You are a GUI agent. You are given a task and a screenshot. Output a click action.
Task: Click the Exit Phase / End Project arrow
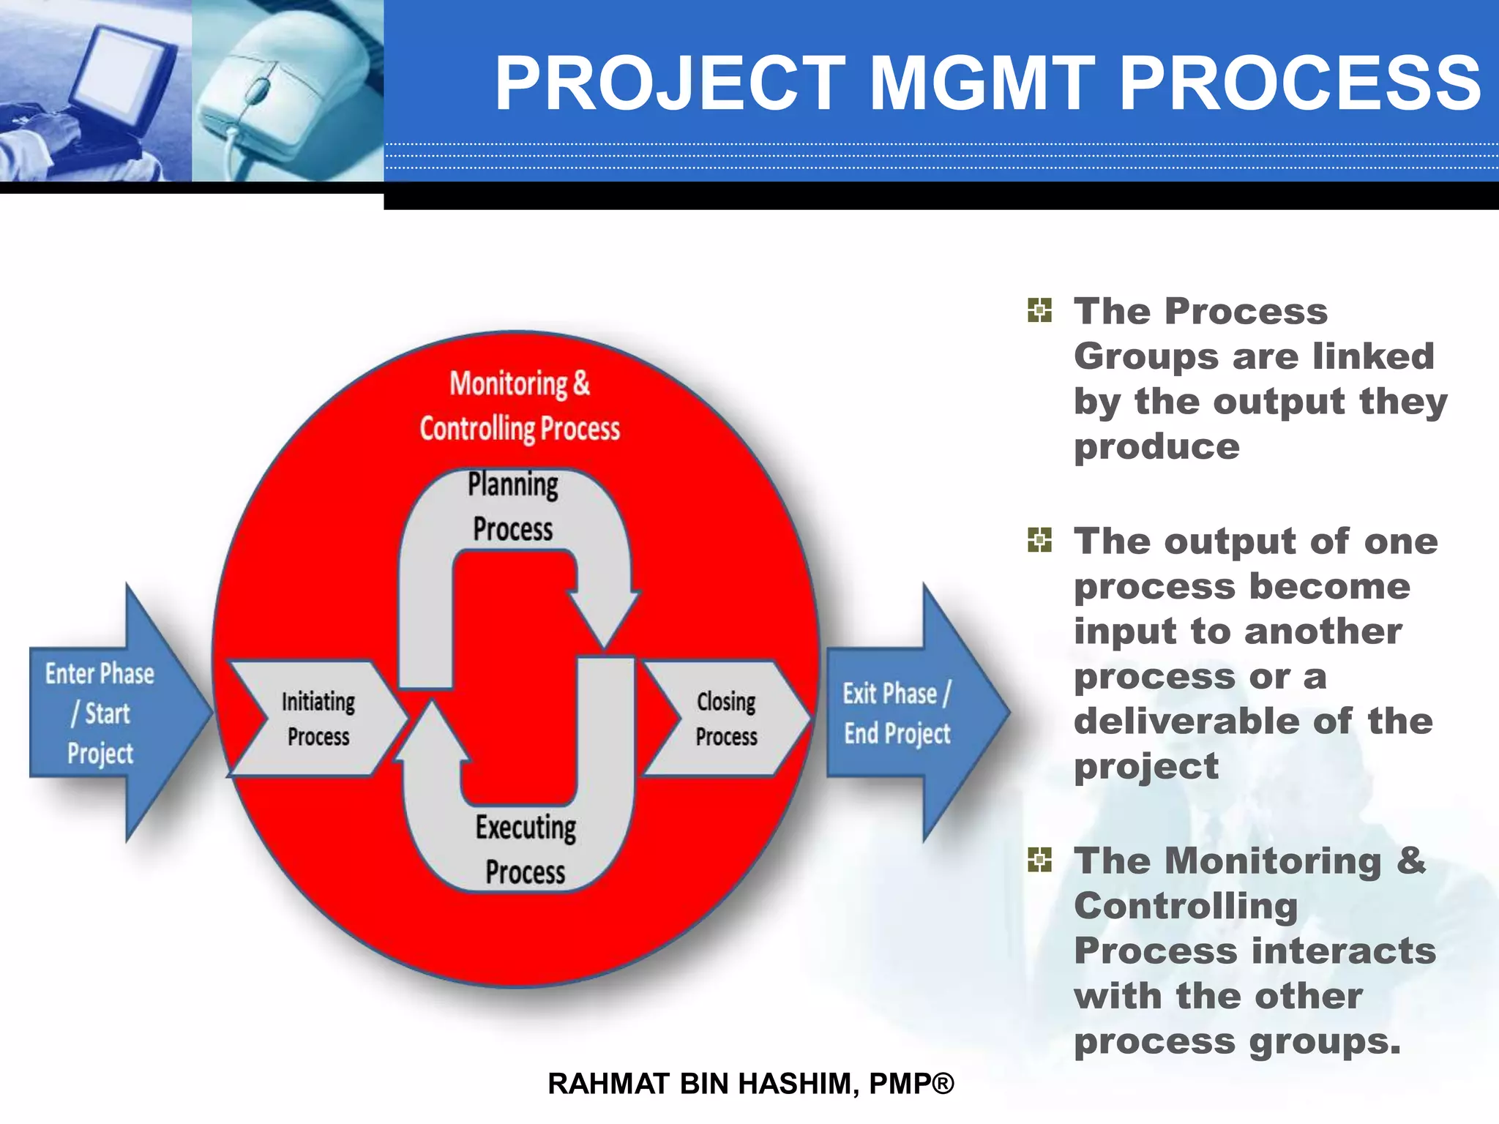908,713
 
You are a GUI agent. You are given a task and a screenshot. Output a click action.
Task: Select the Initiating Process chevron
318,719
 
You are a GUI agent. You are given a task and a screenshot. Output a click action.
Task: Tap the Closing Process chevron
726,719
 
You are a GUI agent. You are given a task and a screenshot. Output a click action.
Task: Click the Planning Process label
512,506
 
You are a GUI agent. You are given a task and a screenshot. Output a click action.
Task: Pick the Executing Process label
526,850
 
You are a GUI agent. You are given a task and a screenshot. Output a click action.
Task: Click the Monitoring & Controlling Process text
519,406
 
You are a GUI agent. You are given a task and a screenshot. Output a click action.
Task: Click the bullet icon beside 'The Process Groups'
1039,310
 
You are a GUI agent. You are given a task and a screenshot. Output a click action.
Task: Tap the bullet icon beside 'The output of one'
1039,540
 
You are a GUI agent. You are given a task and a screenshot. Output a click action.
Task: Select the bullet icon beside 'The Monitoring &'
1039,860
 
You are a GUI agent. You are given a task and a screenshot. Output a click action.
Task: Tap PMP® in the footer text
911,1084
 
